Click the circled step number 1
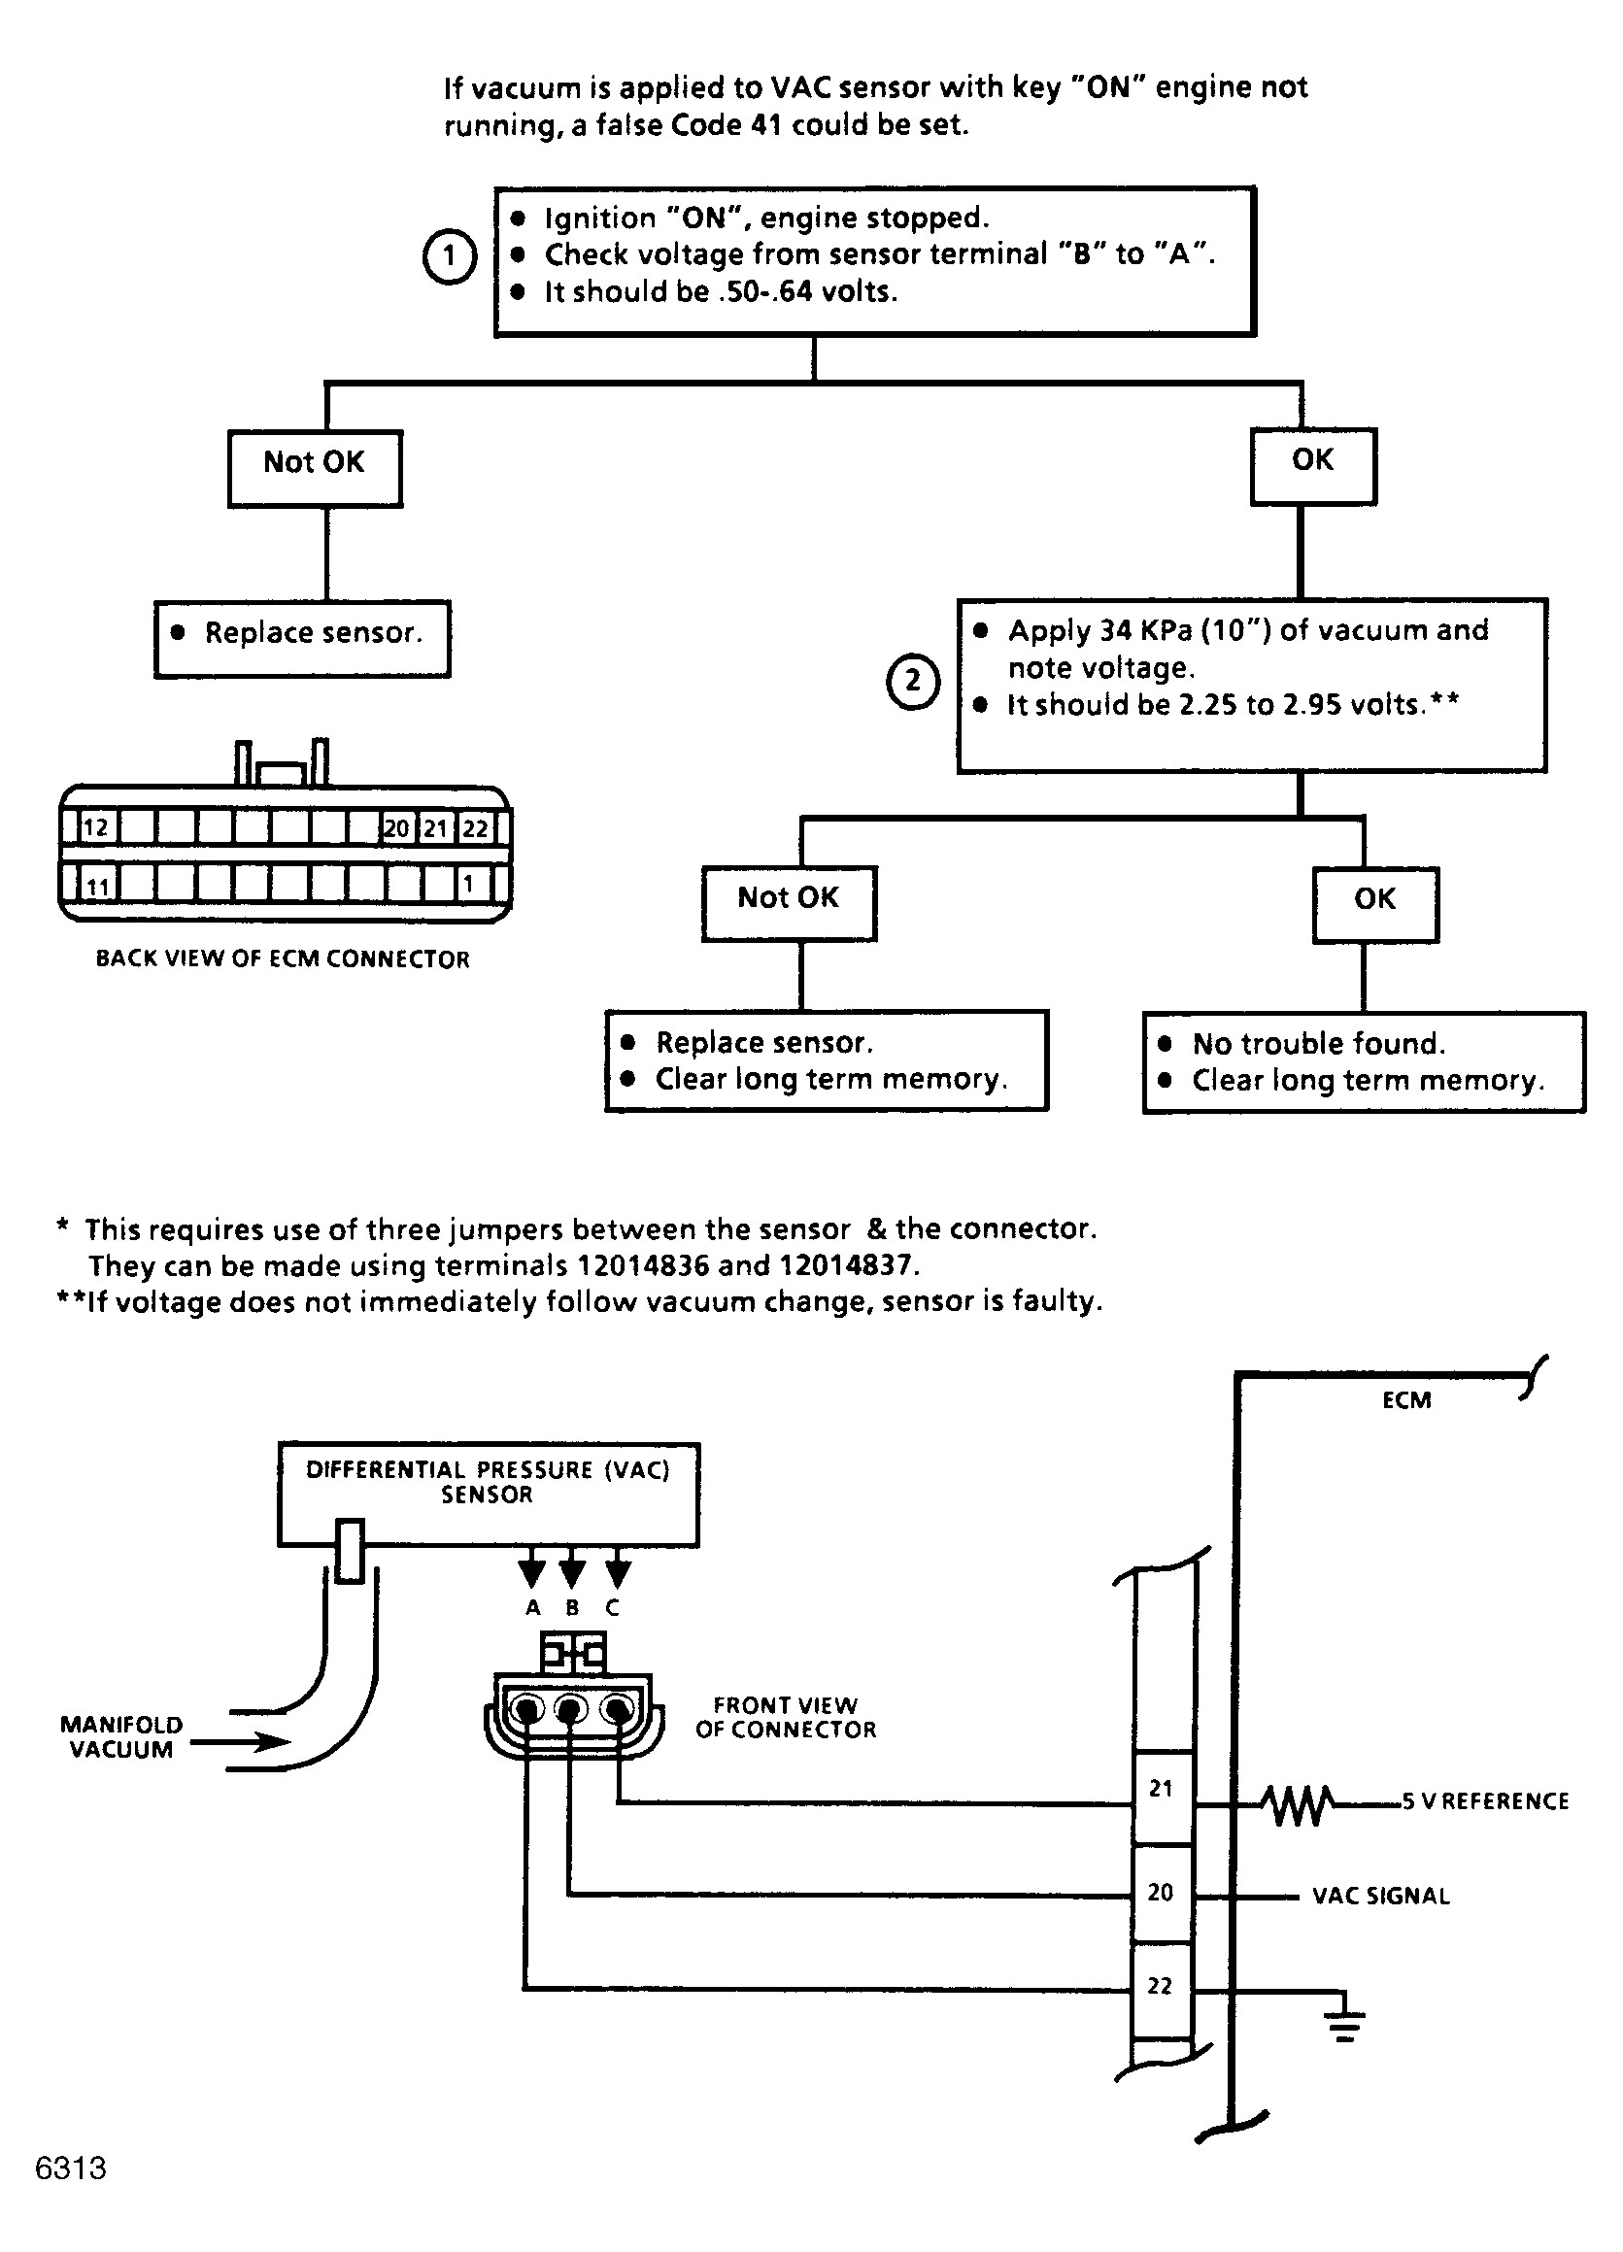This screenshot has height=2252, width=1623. point(450,256)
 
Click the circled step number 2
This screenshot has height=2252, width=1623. point(913,682)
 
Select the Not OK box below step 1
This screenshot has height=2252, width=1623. point(315,469)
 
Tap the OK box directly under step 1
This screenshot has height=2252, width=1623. point(1313,467)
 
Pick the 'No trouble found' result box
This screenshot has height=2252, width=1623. point(1364,1062)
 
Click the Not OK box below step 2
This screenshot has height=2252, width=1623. point(789,903)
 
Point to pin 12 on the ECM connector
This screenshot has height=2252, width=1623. point(96,827)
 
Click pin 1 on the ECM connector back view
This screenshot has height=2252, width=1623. point(469,883)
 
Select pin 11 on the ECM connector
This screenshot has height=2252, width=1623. point(96,884)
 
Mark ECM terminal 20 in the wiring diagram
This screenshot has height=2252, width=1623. point(1161,1893)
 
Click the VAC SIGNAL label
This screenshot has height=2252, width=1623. point(1380,1896)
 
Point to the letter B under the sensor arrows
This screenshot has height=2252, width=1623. point(572,1607)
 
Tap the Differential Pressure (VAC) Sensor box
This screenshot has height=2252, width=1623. point(488,1495)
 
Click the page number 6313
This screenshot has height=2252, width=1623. point(71,2168)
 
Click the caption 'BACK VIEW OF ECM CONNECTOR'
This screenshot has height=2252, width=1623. point(283,959)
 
